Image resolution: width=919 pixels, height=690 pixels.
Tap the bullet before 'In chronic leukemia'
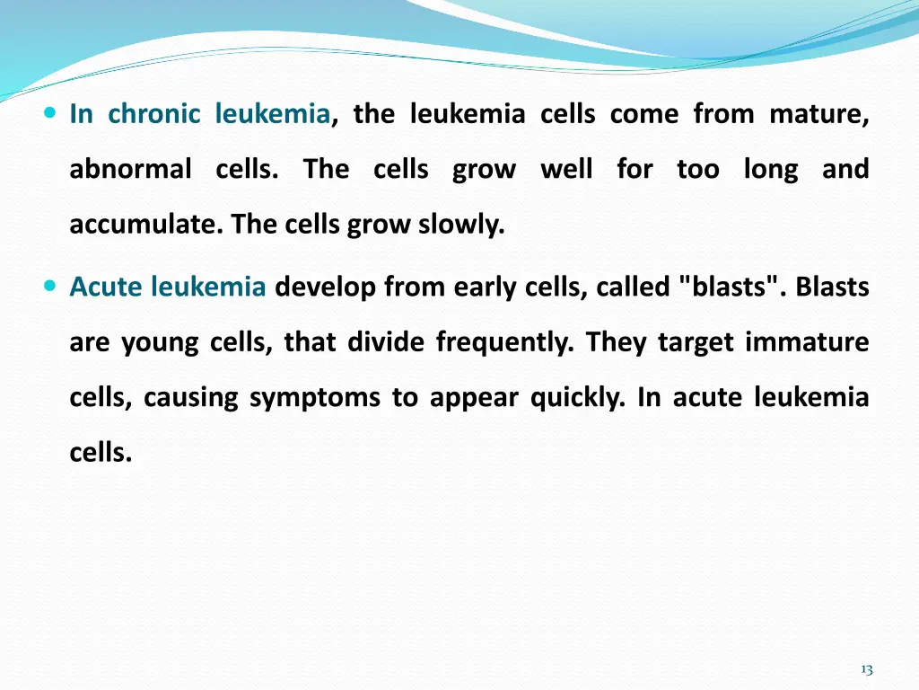click(x=49, y=114)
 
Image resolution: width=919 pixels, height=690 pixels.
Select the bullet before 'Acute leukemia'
click(x=49, y=287)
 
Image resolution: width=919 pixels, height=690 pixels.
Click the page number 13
click(x=866, y=668)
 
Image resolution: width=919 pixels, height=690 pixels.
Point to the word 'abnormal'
click(x=130, y=169)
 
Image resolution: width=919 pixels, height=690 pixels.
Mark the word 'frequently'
click(x=504, y=342)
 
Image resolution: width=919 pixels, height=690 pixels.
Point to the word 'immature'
click(x=807, y=342)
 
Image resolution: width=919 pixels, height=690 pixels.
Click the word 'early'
click(x=482, y=287)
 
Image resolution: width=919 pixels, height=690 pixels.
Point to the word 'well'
click(x=566, y=169)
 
